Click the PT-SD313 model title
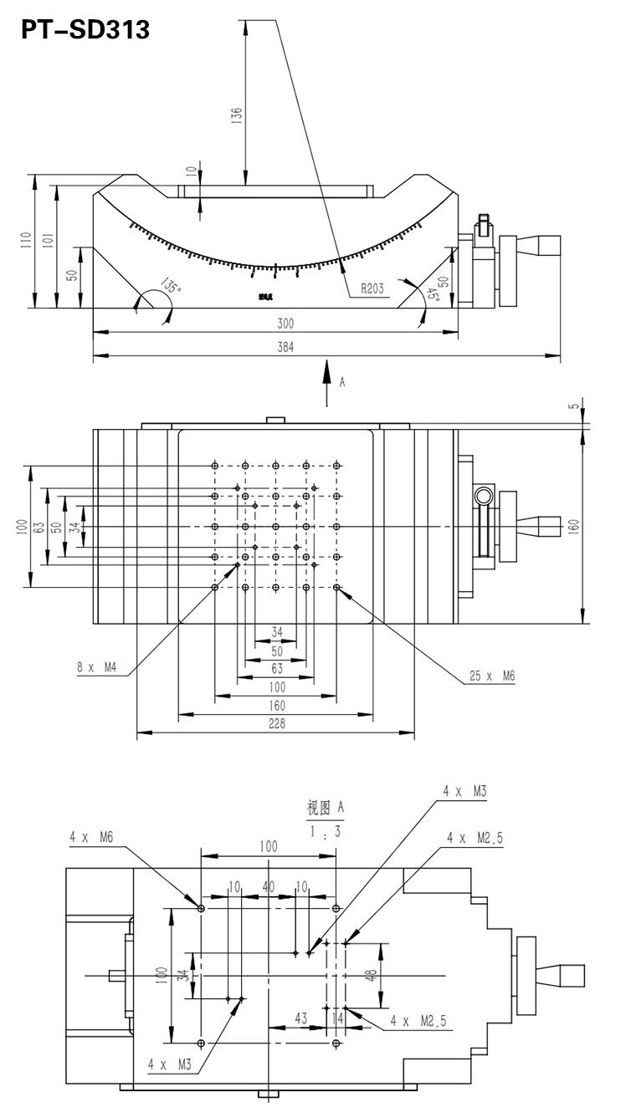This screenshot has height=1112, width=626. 84,30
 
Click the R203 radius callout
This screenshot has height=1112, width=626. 372,288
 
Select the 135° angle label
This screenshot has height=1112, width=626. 171,286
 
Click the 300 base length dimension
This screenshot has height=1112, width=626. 285,324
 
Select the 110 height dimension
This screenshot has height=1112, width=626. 28,240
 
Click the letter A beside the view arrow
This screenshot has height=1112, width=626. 341,382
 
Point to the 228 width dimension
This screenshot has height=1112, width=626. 277,724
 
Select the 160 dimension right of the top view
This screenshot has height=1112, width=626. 574,527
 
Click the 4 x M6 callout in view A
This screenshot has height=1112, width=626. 92,836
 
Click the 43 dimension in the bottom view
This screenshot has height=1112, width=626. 302,1018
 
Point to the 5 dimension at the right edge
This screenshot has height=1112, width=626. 574,406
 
